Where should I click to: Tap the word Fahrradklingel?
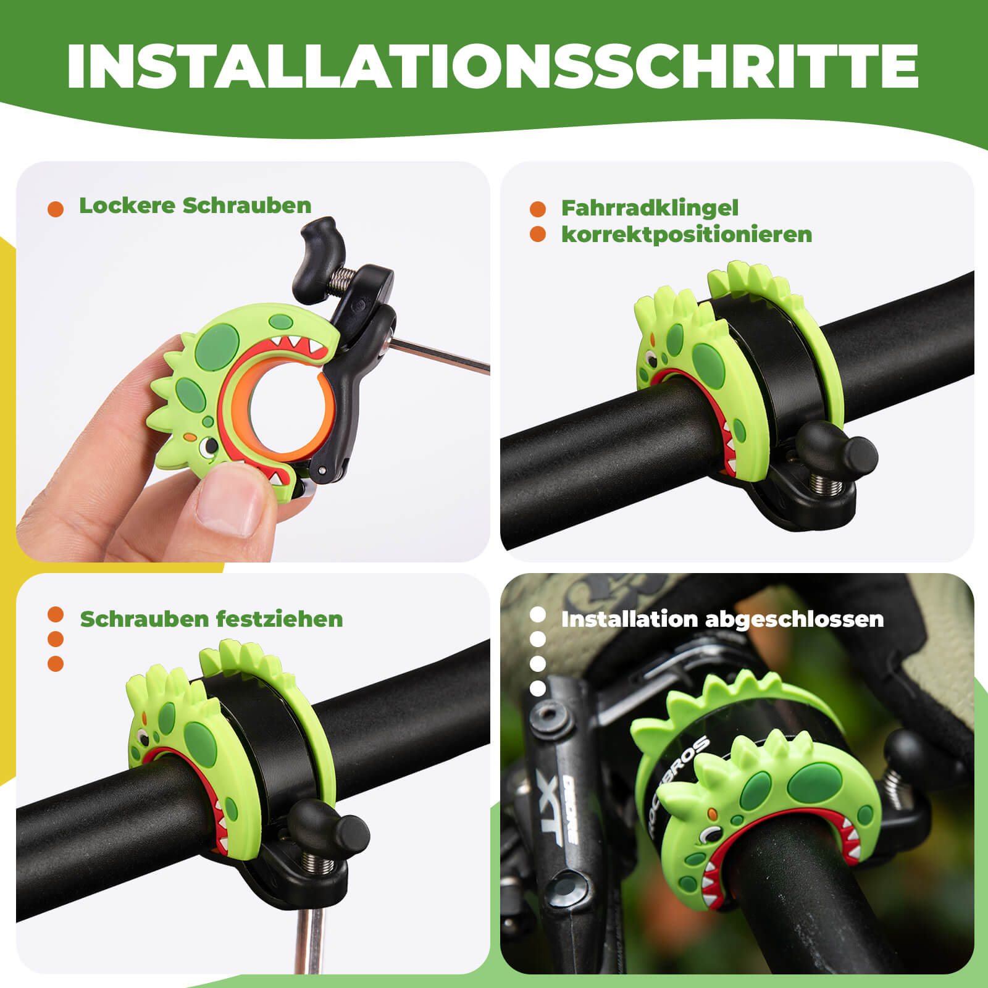pos(650,208)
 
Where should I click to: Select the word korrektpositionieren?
pos(686,235)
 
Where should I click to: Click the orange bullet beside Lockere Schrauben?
pos(56,209)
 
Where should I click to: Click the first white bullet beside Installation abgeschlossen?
pos(538,615)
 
